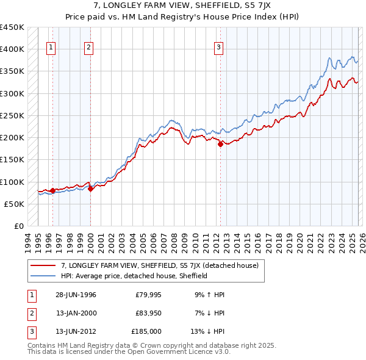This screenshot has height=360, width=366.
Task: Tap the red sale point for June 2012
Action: coord(220,145)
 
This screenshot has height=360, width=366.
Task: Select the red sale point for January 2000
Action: coord(90,189)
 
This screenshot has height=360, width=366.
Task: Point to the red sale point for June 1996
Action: coord(52,190)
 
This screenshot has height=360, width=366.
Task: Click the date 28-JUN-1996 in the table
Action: coord(76,295)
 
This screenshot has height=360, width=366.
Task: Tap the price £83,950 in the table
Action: coord(148,313)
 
